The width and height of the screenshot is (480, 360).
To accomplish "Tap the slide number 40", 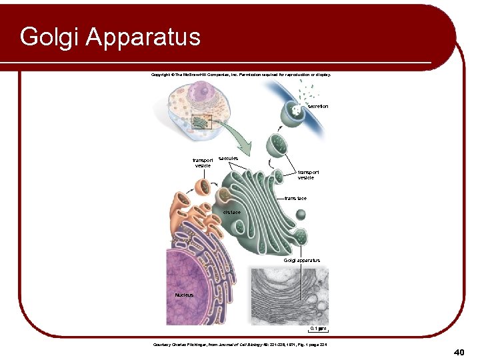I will (458, 351).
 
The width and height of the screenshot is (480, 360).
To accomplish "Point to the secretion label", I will (317, 107).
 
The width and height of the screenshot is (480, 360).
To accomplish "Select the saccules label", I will (228, 158).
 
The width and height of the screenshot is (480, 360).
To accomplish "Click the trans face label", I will (295, 199).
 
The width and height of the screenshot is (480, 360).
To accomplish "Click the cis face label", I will (231, 212).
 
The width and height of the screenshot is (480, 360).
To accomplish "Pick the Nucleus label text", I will (183, 295).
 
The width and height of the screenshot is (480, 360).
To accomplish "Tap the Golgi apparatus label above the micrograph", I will (301, 261).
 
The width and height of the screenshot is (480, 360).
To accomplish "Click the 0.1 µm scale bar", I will (317, 329).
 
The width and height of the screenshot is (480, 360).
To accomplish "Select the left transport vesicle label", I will (203, 163).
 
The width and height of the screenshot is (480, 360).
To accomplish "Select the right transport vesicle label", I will (306, 175).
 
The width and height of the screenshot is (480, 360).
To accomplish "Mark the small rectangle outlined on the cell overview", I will (201, 121).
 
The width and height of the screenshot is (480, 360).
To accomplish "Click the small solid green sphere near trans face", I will (301, 215).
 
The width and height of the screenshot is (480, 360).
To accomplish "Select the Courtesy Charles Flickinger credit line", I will (240, 344).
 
